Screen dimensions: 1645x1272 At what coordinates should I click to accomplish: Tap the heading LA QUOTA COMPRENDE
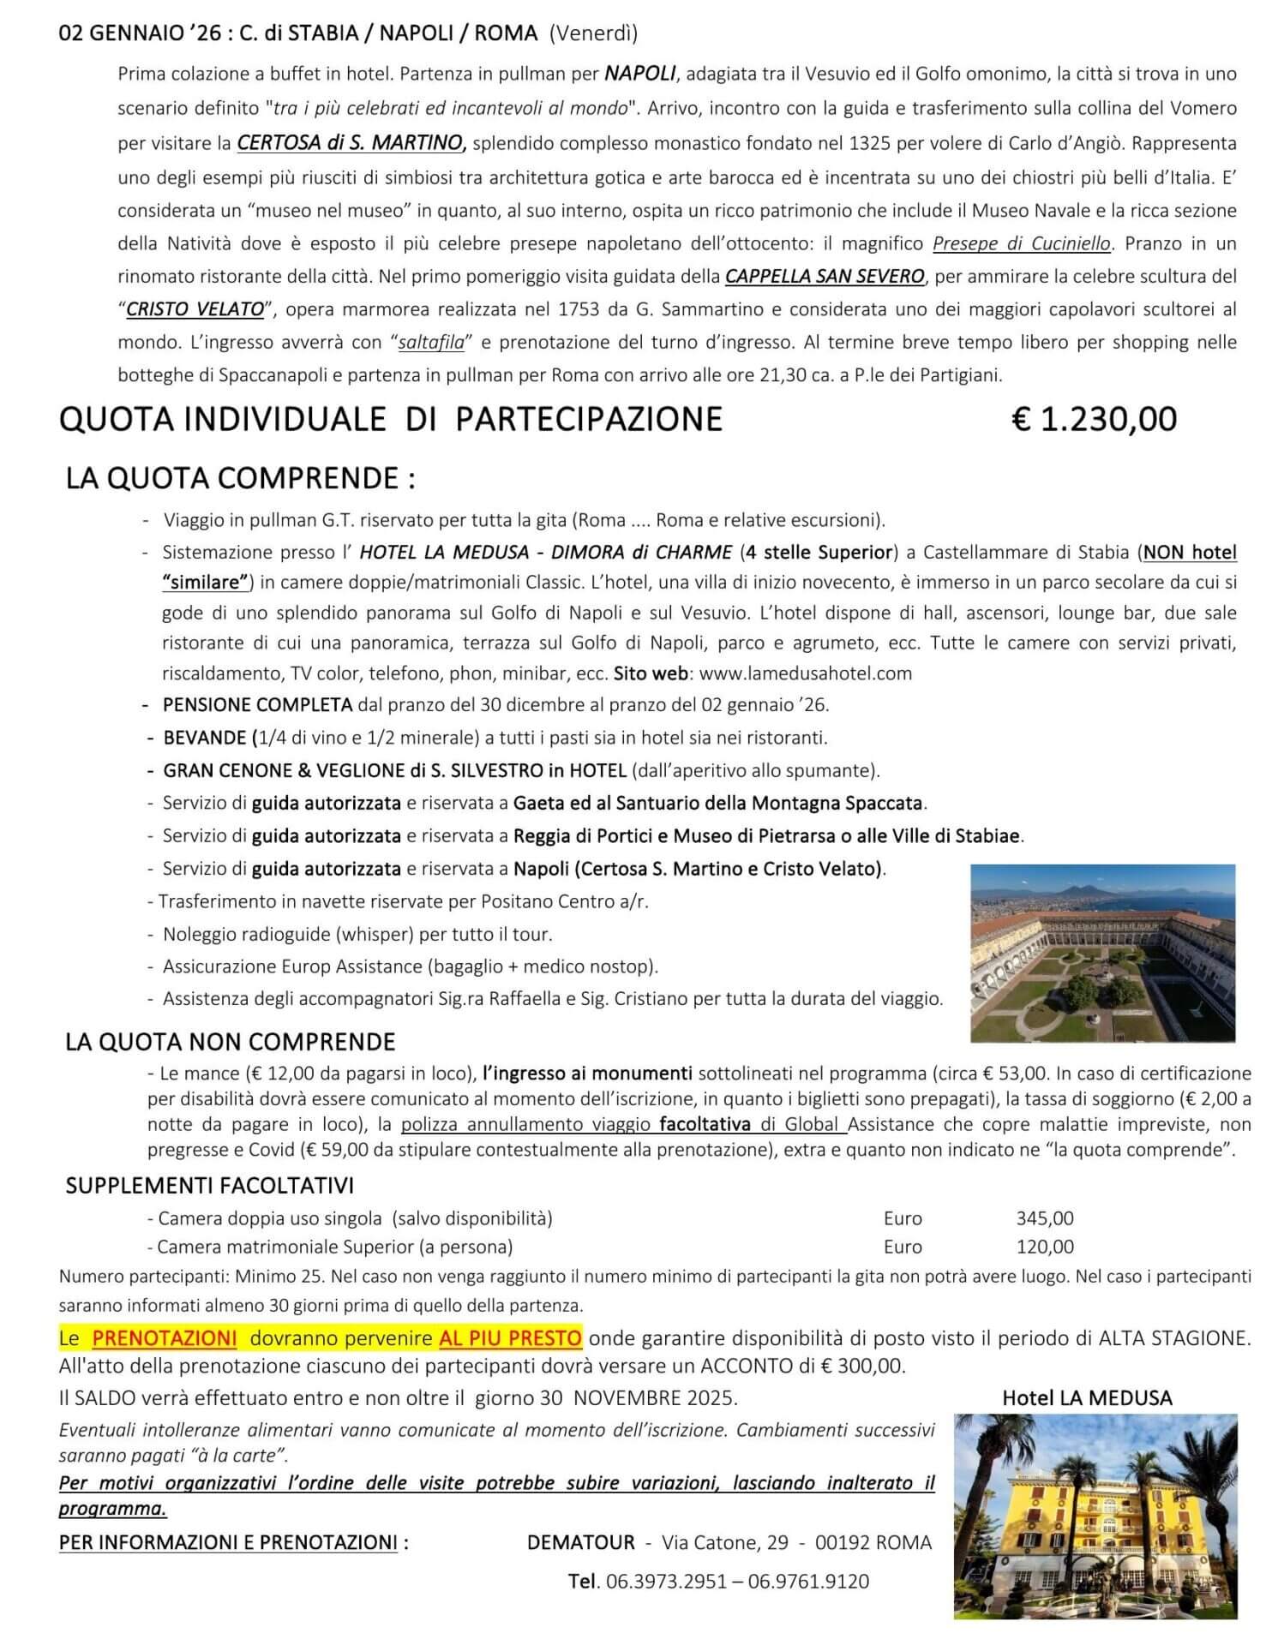(240, 477)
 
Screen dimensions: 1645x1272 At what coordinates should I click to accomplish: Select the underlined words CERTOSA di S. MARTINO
(351, 143)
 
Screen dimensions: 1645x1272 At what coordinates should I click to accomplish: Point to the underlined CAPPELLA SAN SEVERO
(825, 276)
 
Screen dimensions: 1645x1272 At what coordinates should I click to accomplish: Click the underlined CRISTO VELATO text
(195, 309)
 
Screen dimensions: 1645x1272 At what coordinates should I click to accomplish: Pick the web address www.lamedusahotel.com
(806, 673)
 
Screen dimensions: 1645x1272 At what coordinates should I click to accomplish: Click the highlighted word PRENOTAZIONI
(164, 1338)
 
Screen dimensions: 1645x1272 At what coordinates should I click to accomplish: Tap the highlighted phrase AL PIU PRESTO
(511, 1338)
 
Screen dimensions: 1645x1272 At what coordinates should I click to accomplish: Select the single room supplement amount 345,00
(1045, 1218)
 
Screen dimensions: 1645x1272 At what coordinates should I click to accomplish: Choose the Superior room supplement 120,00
(1045, 1247)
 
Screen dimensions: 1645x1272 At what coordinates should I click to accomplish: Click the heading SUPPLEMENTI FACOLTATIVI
(210, 1186)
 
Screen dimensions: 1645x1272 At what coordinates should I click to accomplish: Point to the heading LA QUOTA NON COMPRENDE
(231, 1042)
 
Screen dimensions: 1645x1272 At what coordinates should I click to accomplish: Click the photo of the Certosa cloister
(1103, 953)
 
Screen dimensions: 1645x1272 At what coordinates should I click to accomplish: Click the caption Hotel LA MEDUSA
(1087, 1397)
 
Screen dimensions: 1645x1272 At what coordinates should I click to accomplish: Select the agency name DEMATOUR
(581, 1543)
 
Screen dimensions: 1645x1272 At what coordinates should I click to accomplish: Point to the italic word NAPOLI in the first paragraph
(640, 73)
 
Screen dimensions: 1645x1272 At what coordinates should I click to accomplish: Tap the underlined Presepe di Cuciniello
(1021, 243)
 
